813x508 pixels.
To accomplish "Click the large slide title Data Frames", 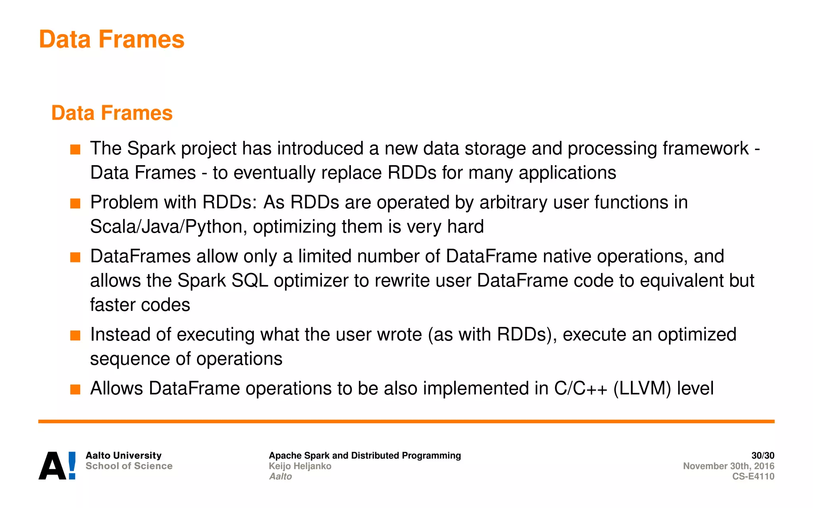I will (112, 39).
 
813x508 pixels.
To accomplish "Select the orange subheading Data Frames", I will (112, 113).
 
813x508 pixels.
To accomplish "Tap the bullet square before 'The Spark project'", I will (75, 150).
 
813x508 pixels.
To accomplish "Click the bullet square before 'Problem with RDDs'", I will (75, 204).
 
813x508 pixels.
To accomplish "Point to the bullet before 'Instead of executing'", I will (75, 336).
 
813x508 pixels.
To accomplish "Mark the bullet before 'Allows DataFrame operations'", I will (75, 389).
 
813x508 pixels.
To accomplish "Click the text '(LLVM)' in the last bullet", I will (642, 389).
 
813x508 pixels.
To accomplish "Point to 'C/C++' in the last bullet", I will (580, 389).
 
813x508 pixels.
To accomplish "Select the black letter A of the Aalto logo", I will (52, 466).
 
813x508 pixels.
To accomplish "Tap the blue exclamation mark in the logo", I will (72, 465).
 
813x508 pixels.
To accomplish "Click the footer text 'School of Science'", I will (129, 466).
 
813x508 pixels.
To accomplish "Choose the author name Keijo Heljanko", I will (300, 466).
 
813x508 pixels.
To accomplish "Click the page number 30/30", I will (763, 456).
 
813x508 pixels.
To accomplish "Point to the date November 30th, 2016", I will (728, 466).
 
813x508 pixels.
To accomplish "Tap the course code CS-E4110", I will (753, 476).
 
